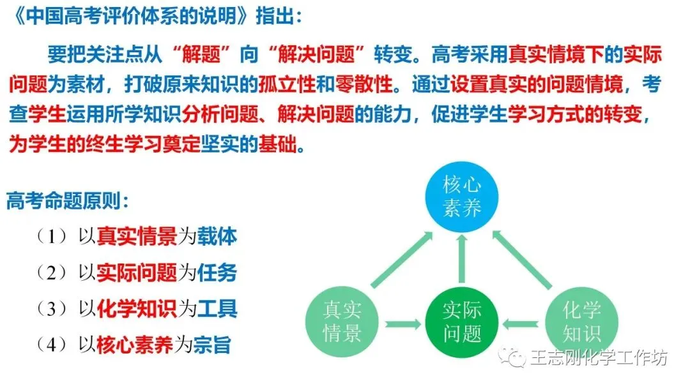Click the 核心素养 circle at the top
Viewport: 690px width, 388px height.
click(x=462, y=197)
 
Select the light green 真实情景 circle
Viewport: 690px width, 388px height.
click(x=342, y=322)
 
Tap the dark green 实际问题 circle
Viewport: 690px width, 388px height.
click(x=462, y=322)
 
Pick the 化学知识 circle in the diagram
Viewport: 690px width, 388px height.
click(x=581, y=322)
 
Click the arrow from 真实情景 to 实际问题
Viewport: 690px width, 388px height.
click(x=402, y=325)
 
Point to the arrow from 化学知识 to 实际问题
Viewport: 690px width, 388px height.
click(x=521, y=325)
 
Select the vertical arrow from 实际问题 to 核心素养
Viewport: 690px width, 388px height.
click(x=462, y=258)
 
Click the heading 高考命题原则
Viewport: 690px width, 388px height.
click(x=64, y=201)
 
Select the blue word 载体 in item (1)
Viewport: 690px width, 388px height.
click(x=217, y=236)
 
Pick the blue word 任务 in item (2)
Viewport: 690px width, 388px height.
click(x=217, y=272)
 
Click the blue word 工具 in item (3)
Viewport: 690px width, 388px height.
click(x=217, y=308)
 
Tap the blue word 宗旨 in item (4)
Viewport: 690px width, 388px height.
click(x=212, y=345)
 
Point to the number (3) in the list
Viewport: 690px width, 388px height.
click(x=52, y=309)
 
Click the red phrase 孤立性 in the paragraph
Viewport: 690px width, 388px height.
click(x=287, y=84)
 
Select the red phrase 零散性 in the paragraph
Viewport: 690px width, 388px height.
click(x=364, y=84)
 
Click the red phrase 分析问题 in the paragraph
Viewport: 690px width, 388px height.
click(x=220, y=115)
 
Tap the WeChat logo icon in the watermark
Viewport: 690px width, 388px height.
click(x=512, y=357)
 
